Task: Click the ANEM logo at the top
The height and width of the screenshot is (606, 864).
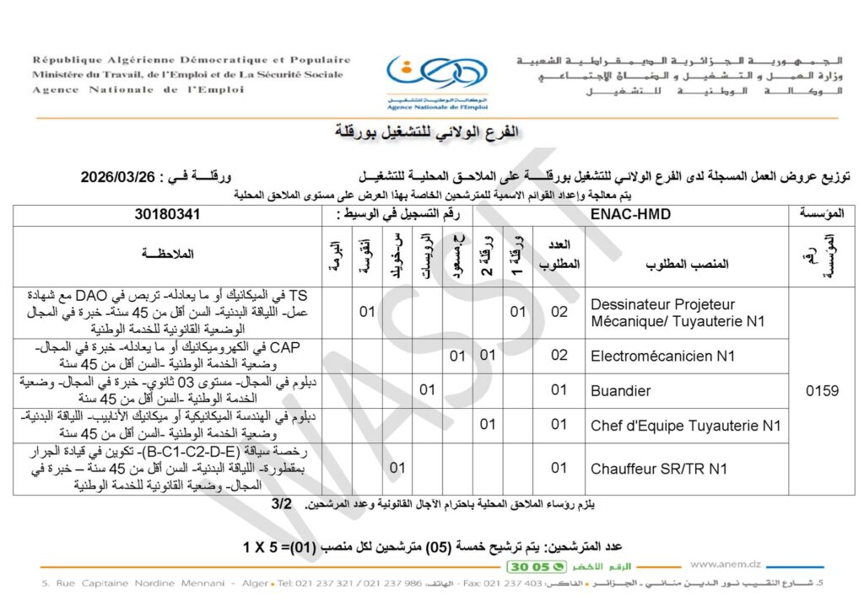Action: [x=425, y=79]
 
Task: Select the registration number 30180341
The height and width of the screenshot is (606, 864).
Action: [x=167, y=215]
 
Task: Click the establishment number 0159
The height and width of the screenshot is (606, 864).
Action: [x=822, y=390]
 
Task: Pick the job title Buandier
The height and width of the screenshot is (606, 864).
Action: [x=620, y=390]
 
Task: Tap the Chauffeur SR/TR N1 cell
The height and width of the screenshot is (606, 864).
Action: [x=659, y=468]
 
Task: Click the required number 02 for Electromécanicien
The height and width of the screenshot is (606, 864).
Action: [x=559, y=356]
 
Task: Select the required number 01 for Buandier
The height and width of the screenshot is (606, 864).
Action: [x=559, y=390]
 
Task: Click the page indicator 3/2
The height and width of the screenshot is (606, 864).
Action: [x=282, y=504]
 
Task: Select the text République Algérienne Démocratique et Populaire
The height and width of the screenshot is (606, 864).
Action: [x=192, y=61]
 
